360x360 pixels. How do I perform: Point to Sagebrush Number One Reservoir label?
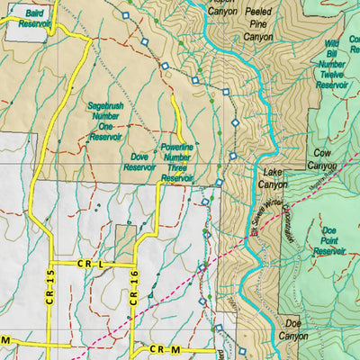click(x=104, y=119)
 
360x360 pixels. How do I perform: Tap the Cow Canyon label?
click(x=321, y=159)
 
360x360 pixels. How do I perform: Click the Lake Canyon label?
click(x=273, y=177)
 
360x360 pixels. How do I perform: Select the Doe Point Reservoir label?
click(x=333, y=240)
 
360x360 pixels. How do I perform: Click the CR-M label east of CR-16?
click(x=161, y=349)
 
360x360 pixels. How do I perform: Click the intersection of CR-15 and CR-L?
click(x=51, y=264)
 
